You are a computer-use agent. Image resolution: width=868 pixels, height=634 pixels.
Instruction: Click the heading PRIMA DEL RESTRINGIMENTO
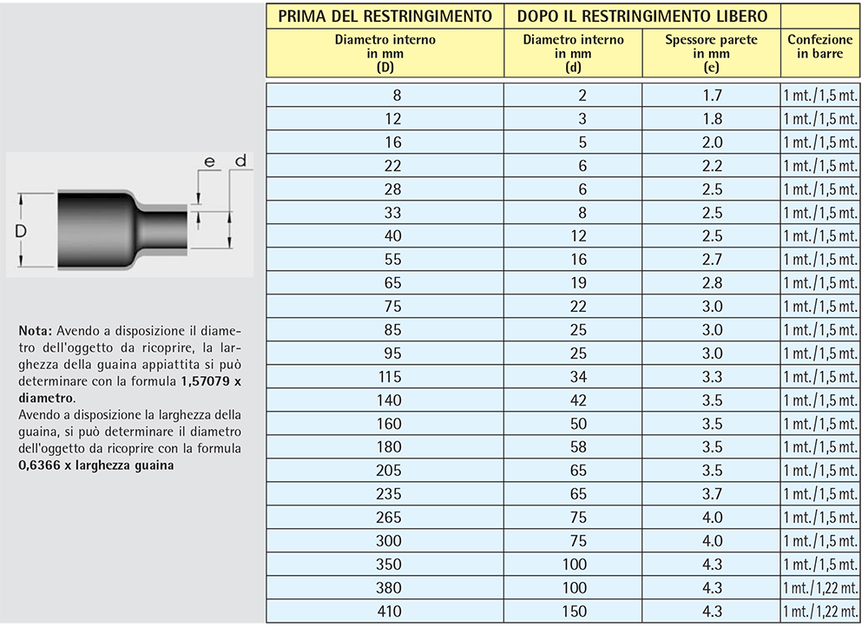click(385, 16)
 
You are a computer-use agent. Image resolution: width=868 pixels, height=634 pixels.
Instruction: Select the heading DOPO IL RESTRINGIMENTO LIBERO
click(642, 16)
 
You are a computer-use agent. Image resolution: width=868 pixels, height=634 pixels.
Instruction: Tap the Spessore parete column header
click(711, 53)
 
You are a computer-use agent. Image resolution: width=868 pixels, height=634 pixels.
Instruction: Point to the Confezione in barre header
click(820, 47)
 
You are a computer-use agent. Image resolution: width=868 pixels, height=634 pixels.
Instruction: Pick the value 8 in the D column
click(397, 96)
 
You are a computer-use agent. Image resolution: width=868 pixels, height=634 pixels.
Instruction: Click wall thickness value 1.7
click(712, 96)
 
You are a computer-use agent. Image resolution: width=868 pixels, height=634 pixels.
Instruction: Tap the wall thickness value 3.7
click(712, 494)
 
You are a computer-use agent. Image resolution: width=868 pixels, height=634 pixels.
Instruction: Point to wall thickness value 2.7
click(712, 260)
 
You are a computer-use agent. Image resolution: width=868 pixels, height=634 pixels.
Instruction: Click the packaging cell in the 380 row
click(820, 588)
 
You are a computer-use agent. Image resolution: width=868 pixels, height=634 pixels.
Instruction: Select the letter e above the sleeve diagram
click(208, 162)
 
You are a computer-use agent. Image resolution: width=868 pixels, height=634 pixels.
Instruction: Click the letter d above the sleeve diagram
click(240, 161)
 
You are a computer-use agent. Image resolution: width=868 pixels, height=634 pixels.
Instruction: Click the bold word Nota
click(35, 331)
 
